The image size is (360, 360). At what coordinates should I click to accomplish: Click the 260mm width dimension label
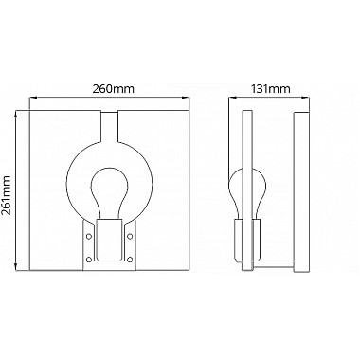112,88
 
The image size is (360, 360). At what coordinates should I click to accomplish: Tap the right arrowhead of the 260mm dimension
192,98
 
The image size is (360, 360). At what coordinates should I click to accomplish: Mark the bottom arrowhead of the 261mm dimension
16,268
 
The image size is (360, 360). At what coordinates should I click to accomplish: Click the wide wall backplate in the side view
298,189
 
